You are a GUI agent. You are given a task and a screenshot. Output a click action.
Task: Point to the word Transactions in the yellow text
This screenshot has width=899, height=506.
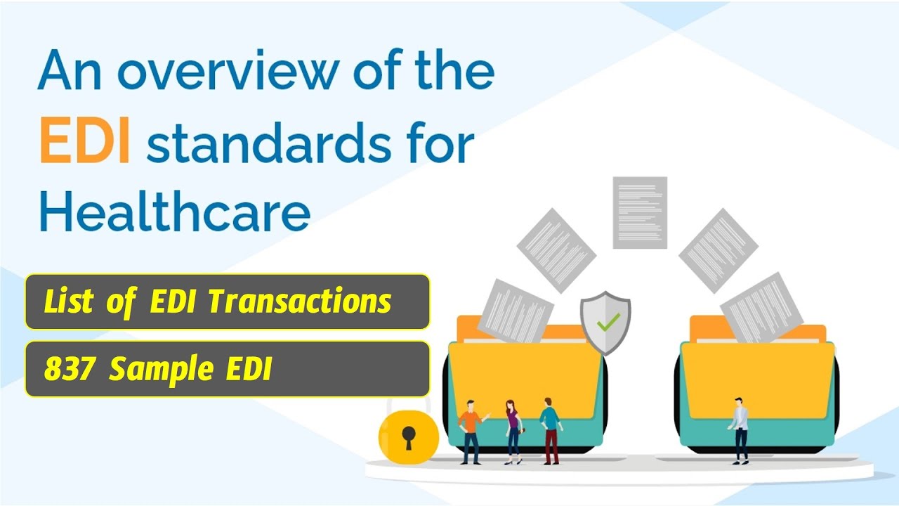coord(299,301)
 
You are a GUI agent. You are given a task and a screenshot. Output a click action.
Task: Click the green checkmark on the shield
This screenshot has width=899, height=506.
coord(607,323)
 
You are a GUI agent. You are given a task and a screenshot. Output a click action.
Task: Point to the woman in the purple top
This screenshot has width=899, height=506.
coord(513,430)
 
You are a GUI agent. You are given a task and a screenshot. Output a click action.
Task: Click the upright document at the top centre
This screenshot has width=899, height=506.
coord(639,212)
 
